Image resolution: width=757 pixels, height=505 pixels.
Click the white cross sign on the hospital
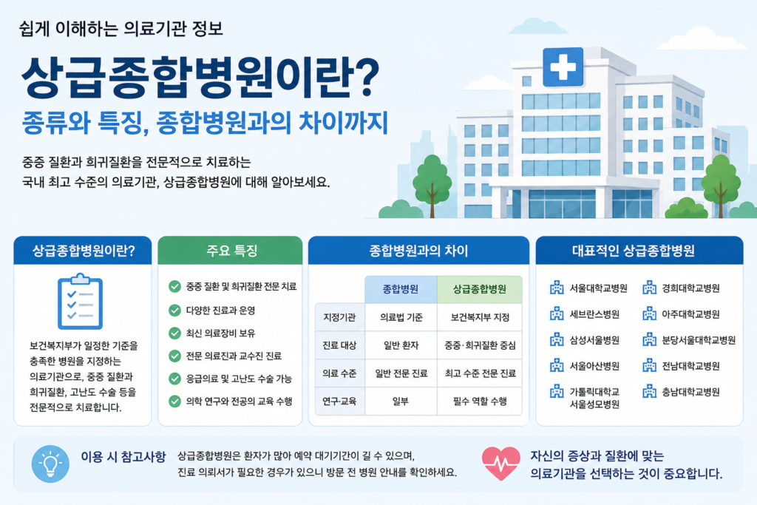563,67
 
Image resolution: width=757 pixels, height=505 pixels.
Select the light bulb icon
50,464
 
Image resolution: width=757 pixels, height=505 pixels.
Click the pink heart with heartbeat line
501,463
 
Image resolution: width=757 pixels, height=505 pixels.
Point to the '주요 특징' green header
231,250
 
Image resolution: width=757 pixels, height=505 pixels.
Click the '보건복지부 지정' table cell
480,317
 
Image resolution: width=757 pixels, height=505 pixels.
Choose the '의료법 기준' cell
401,317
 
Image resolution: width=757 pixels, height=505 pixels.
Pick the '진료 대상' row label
339,345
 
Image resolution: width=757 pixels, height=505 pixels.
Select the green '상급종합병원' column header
479,289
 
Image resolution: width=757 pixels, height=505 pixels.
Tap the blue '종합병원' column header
401,289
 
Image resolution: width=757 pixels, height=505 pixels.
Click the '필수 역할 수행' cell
480,401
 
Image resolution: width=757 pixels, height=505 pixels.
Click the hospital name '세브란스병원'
594,314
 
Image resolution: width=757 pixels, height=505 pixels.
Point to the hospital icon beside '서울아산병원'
557,365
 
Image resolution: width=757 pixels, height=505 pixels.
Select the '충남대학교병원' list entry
691,392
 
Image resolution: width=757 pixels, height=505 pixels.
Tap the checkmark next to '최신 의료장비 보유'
174,333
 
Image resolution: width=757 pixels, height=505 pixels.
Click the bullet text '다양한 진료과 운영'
220,311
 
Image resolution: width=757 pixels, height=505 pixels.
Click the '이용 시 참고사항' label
123,457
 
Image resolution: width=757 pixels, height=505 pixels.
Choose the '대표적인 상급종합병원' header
634,251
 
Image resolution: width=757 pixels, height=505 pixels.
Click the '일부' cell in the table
401,401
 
